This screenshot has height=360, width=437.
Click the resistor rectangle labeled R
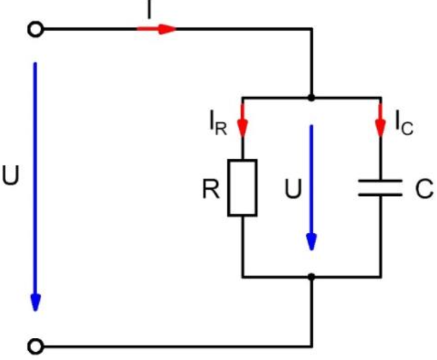[243, 187]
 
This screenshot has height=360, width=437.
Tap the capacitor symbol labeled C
[380, 188]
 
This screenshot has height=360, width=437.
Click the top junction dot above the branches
[311, 98]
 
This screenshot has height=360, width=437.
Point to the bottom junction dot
[311, 277]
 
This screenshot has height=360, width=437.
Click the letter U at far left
[11, 177]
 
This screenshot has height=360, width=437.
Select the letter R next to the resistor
[210, 190]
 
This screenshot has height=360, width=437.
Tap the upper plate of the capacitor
[380, 181]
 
